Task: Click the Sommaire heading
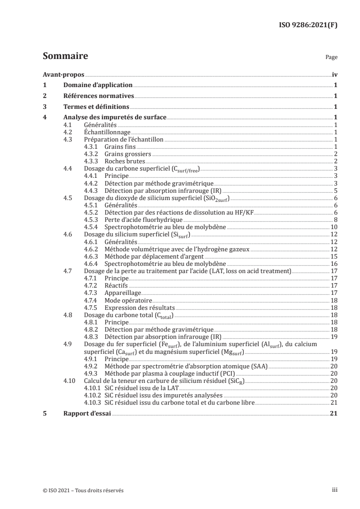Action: point(65,56)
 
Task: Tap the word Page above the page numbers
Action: point(331,58)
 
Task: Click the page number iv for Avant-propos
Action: point(335,75)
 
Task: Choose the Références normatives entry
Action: point(99,96)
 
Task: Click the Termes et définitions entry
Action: point(96,107)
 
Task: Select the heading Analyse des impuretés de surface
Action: point(115,118)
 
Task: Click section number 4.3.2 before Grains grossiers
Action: point(93,154)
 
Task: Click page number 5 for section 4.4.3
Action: point(335,191)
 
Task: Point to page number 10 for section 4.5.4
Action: point(334,227)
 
